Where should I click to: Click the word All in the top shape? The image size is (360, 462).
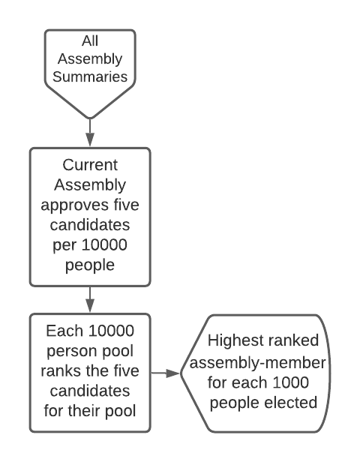coord(89,42)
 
